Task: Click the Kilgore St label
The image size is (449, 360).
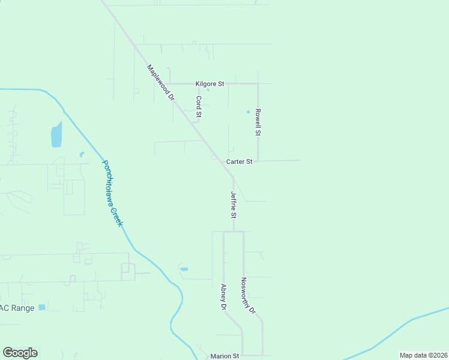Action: coord(209,84)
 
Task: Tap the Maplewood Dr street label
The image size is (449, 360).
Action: coord(160,82)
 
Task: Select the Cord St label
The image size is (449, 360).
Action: coord(199,106)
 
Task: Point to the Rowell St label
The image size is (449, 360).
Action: coord(258,122)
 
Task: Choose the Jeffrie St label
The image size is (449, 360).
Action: coord(234,205)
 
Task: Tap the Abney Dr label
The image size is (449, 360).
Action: coord(223,297)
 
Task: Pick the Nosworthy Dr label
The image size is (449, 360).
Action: coord(249,296)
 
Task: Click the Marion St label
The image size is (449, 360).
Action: coord(224,356)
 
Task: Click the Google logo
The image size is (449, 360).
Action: coord(20,353)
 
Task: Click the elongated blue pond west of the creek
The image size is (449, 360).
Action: coord(56,134)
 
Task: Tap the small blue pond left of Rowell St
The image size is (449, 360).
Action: coord(248,112)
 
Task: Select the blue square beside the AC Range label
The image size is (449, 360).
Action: coord(41,307)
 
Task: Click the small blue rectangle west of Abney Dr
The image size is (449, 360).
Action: coord(184,269)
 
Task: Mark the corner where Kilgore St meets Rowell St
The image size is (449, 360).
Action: coord(258,84)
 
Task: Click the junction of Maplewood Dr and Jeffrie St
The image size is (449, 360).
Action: coord(233,178)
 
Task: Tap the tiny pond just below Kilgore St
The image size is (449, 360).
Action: coord(208,90)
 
